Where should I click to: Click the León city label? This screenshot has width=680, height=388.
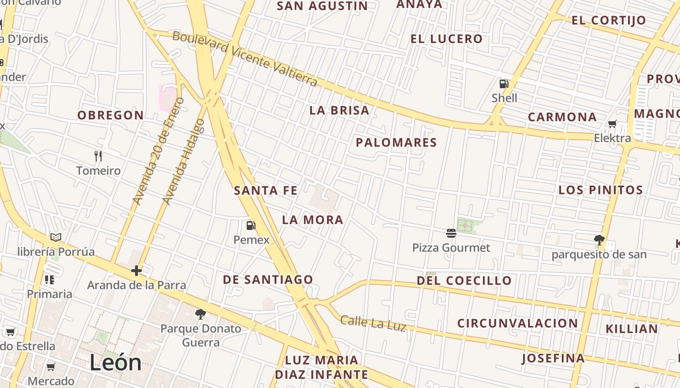[116, 363]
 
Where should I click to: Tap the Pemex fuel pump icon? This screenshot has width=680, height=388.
[251, 225]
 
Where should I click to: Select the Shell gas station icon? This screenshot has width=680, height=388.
[504, 84]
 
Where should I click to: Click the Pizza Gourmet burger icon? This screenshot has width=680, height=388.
[451, 233]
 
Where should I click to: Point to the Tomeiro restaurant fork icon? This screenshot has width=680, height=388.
[98, 156]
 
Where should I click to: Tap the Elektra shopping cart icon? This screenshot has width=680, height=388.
[612, 124]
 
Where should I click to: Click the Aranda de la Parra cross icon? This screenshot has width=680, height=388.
[136, 270]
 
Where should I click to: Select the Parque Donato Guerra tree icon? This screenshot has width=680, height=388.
[200, 314]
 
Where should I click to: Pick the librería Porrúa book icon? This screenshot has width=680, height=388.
[56, 237]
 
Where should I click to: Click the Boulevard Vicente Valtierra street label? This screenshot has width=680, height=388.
[245, 58]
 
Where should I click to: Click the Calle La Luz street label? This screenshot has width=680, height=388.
[373, 323]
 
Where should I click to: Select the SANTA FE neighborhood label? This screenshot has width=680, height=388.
[265, 191]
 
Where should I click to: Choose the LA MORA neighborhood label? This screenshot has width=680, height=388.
[312, 220]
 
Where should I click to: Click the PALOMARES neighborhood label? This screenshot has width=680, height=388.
[396, 143]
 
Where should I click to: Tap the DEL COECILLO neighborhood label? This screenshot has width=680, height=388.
[464, 280]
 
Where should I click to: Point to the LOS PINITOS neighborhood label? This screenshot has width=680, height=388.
[600, 190]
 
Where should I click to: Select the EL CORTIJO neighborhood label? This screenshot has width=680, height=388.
[609, 20]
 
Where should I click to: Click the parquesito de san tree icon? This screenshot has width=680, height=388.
[599, 240]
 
